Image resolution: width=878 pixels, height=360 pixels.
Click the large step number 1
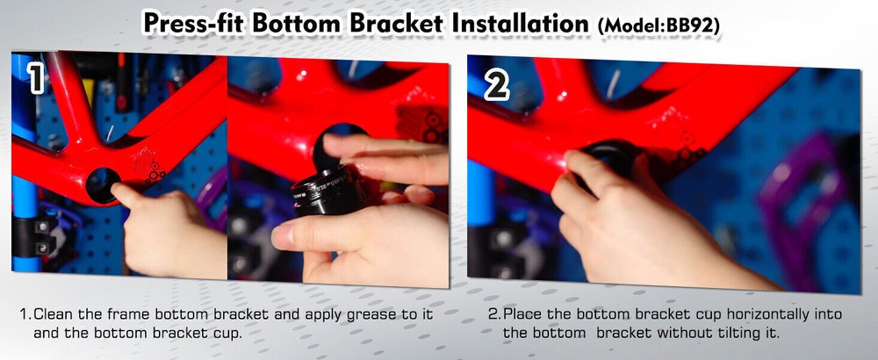36,79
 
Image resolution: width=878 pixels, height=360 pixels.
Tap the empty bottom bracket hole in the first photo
99,183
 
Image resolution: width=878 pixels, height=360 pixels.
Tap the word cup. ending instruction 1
226,333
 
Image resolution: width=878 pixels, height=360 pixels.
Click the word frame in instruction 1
131,313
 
